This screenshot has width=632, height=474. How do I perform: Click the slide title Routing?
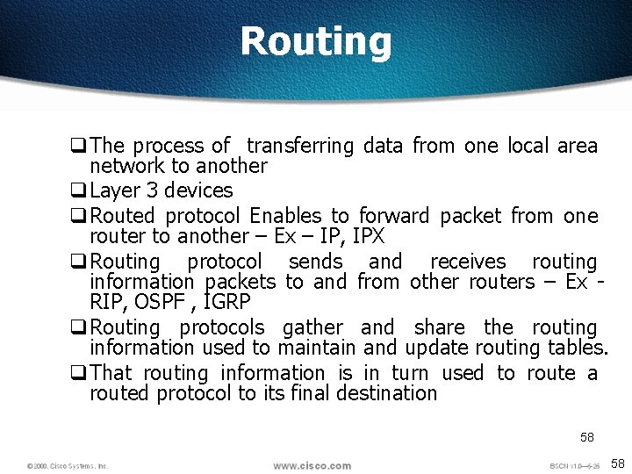[315, 42]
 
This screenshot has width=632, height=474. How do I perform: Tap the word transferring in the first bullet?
[299, 146]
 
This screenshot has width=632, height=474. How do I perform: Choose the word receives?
[468, 262]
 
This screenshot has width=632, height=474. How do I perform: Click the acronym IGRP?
[226, 302]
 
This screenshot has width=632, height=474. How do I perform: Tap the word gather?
[313, 327]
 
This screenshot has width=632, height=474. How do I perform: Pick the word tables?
[578, 348]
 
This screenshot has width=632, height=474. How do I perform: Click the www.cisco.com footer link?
[312, 465]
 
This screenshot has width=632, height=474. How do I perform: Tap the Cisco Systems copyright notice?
[68, 466]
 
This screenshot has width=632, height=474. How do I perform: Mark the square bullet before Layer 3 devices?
[79, 190]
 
